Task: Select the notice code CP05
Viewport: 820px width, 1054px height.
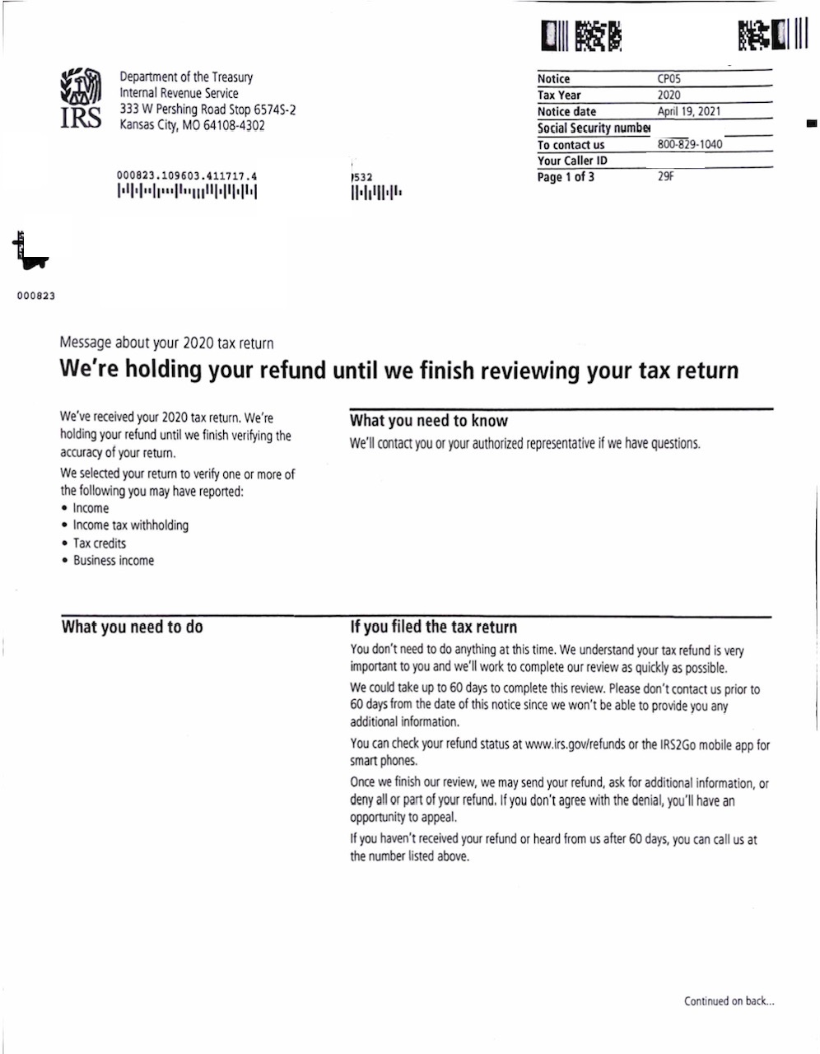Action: (669, 79)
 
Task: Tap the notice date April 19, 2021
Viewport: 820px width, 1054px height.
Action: (689, 111)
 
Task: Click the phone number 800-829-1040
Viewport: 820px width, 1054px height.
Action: (690, 144)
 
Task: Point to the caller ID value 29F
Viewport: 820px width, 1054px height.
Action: (665, 176)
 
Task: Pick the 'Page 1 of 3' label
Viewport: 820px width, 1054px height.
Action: (566, 177)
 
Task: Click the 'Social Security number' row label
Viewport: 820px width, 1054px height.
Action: (593, 128)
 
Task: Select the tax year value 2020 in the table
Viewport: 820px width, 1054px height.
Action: (669, 95)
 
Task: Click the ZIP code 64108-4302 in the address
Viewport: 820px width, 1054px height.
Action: (235, 125)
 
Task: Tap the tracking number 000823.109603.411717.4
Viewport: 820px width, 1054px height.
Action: (187, 175)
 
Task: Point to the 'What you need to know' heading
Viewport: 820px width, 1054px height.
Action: (429, 421)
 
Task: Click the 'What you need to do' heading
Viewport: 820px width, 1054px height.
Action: (132, 627)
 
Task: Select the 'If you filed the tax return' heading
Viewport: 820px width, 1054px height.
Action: (433, 627)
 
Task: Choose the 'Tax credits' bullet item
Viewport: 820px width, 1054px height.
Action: (100, 543)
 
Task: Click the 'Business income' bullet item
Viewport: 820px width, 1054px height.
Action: (113, 561)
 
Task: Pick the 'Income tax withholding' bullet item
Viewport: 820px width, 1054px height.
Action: (130, 525)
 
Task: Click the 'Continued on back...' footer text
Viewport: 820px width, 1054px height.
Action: (729, 1001)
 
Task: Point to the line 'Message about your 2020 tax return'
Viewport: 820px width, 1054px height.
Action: (166, 343)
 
